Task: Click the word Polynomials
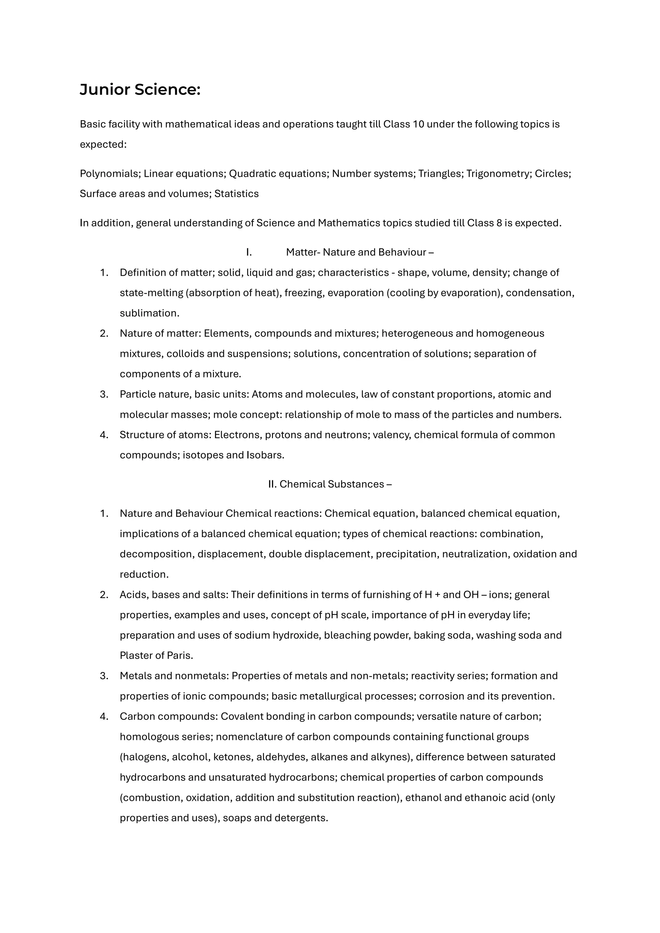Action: tap(110, 174)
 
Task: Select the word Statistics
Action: tap(236, 194)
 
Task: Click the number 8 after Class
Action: tap(499, 223)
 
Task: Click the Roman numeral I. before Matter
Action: tap(249, 252)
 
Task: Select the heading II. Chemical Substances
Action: tap(330, 484)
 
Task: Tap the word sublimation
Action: tap(149, 313)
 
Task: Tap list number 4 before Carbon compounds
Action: tap(104, 717)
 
